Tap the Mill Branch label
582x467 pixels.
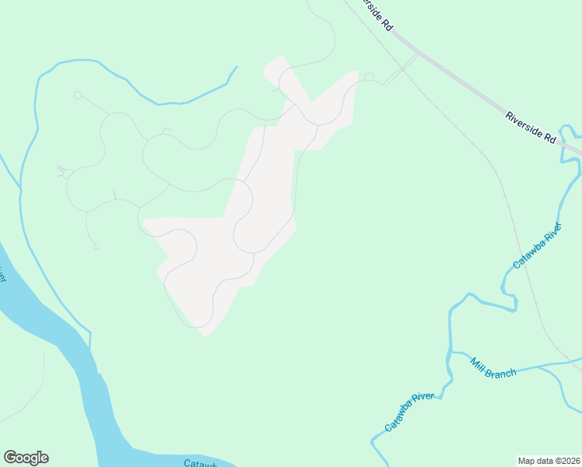click(493, 367)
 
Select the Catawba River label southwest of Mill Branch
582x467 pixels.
click(410, 413)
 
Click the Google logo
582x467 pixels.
click(26, 458)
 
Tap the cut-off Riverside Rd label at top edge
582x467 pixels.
click(375, 14)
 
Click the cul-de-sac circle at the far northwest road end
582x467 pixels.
click(78, 95)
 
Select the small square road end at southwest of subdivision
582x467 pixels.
click(96, 247)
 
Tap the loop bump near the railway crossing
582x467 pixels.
click(369, 76)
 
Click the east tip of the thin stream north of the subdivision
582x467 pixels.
click(236, 68)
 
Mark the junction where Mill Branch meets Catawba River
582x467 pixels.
click(451, 354)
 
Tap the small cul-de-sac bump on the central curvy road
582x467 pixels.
click(166, 132)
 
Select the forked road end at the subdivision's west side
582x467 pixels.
click(61, 170)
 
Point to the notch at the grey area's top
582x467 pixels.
click(312, 100)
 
